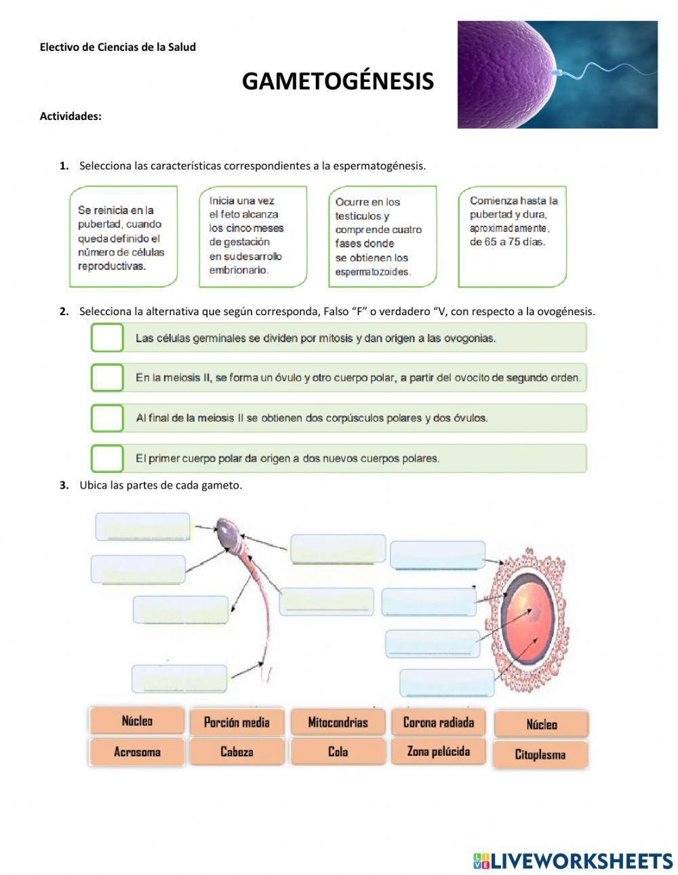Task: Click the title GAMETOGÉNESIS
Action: (x=338, y=81)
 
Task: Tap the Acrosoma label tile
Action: (x=137, y=752)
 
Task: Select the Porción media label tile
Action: (x=237, y=723)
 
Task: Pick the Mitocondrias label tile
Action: (x=338, y=723)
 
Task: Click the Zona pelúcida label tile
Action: (x=439, y=752)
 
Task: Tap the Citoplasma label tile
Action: (x=540, y=754)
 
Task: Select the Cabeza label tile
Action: (x=237, y=752)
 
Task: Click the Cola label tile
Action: (x=338, y=752)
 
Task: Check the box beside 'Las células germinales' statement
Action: (x=107, y=338)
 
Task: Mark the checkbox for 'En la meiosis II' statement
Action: (x=107, y=378)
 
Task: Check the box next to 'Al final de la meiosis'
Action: (x=107, y=418)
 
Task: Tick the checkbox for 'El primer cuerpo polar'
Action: (x=107, y=458)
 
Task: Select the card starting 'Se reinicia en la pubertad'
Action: (x=123, y=237)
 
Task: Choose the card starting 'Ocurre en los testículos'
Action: (x=382, y=237)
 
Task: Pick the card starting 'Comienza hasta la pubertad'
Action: (x=513, y=237)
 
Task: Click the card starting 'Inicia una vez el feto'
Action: (x=253, y=237)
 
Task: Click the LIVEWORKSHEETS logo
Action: (x=573, y=861)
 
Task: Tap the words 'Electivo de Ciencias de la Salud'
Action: (x=118, y=47)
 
